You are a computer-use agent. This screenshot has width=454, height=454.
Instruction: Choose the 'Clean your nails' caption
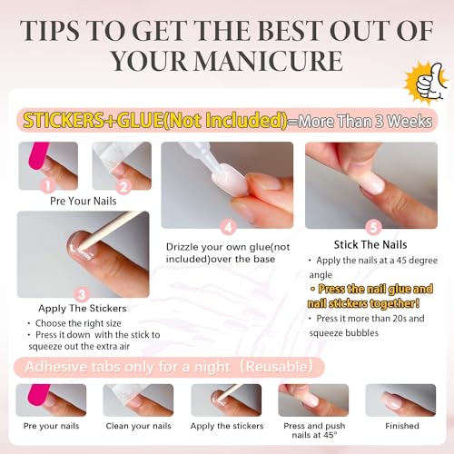pos(137,425)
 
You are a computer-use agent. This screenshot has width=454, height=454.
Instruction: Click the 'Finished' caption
pos(401,425)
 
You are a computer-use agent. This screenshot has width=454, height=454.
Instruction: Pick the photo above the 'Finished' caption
pos(400,400)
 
